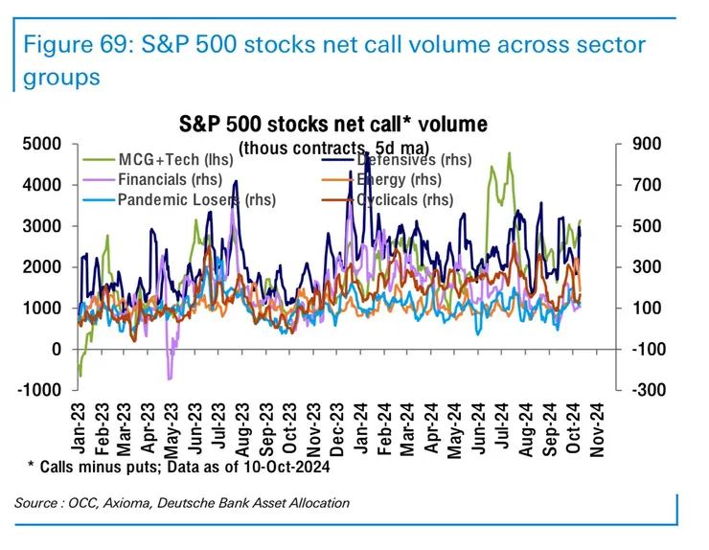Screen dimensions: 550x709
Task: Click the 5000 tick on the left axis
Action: point(42,144)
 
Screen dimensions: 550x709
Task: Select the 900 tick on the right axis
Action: point(639,144)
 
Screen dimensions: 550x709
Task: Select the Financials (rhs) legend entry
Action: point(170,179)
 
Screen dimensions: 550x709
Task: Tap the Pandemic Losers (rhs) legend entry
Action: point(183,200)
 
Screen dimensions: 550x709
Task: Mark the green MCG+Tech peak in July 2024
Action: point(509,153)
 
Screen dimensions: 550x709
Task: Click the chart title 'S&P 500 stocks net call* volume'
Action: point(333,125)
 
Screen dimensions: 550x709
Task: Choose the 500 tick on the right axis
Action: point(639,226)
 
